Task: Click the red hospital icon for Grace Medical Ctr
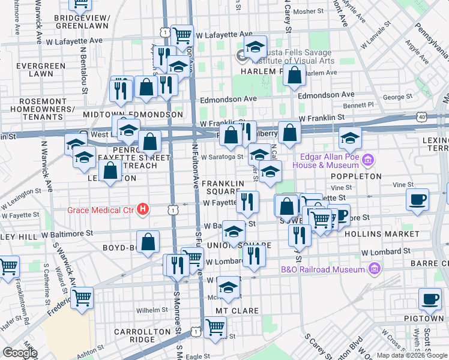(x=143, y=209)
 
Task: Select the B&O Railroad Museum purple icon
(x=376, y=269)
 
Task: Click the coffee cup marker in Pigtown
(x=430, y=298)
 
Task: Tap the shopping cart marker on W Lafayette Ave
(x=182, y=35)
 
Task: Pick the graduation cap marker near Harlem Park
(x=255, y=49)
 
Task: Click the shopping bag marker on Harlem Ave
(x=294, y=76)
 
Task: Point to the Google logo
(x=20, y=353)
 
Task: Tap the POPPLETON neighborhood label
(x=355, y=176)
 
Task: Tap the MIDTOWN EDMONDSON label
(x=133, y=114)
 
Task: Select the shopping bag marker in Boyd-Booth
(x=148, y=242)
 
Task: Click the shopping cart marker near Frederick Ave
(x=82, y=298)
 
